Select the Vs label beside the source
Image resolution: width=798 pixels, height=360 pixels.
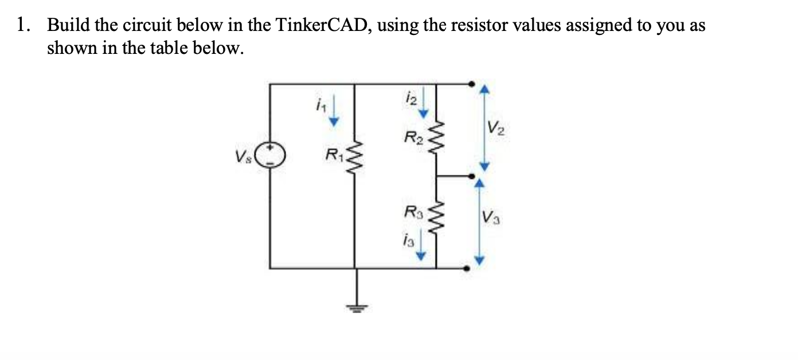241,155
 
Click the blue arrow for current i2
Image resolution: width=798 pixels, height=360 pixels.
423,103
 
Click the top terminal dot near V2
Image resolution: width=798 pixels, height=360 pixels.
471,84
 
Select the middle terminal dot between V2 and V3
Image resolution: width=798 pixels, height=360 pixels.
471,177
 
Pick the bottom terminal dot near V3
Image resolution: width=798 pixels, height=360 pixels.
467,268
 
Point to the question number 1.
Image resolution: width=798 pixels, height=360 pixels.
22,26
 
